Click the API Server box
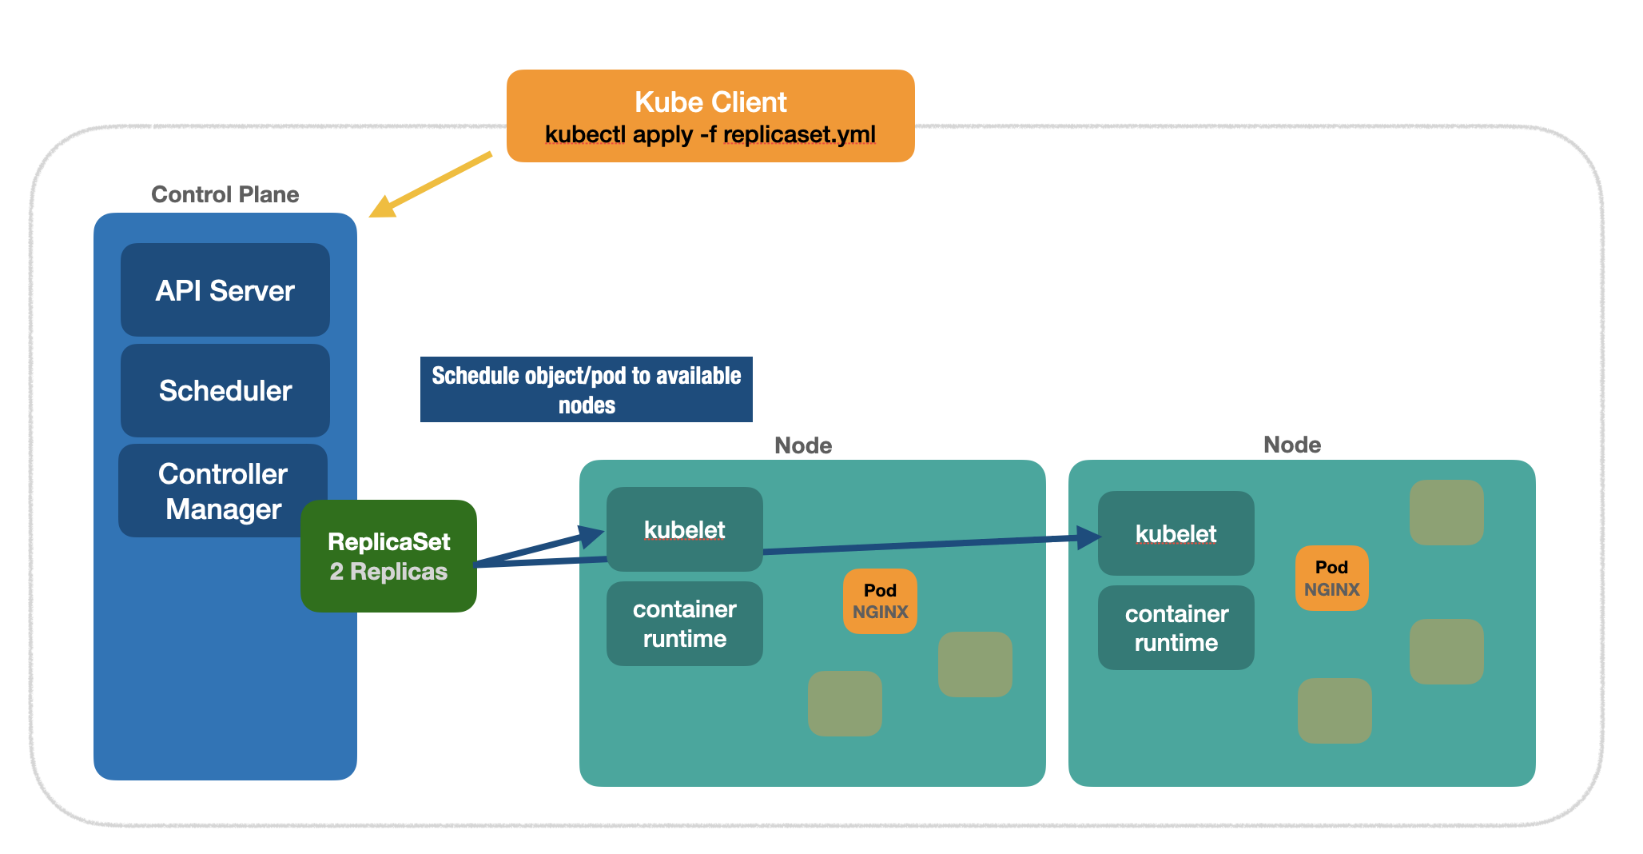(225, 290)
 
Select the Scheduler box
(225, 390)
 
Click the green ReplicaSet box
(388, 557)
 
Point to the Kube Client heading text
(710, 102)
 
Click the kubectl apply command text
(710, 134)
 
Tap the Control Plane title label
(225, 194)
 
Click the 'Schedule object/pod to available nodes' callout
(586, 389)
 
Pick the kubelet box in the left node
(684, 529)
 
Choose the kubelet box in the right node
(1176, 533)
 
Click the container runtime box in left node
(684, 624)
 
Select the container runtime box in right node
(1176, 628)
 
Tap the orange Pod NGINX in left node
(880, 601)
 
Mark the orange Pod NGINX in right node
(1331, 578)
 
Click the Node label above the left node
(803, 445)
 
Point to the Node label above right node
(1291, 445)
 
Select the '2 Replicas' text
(388, 572)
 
